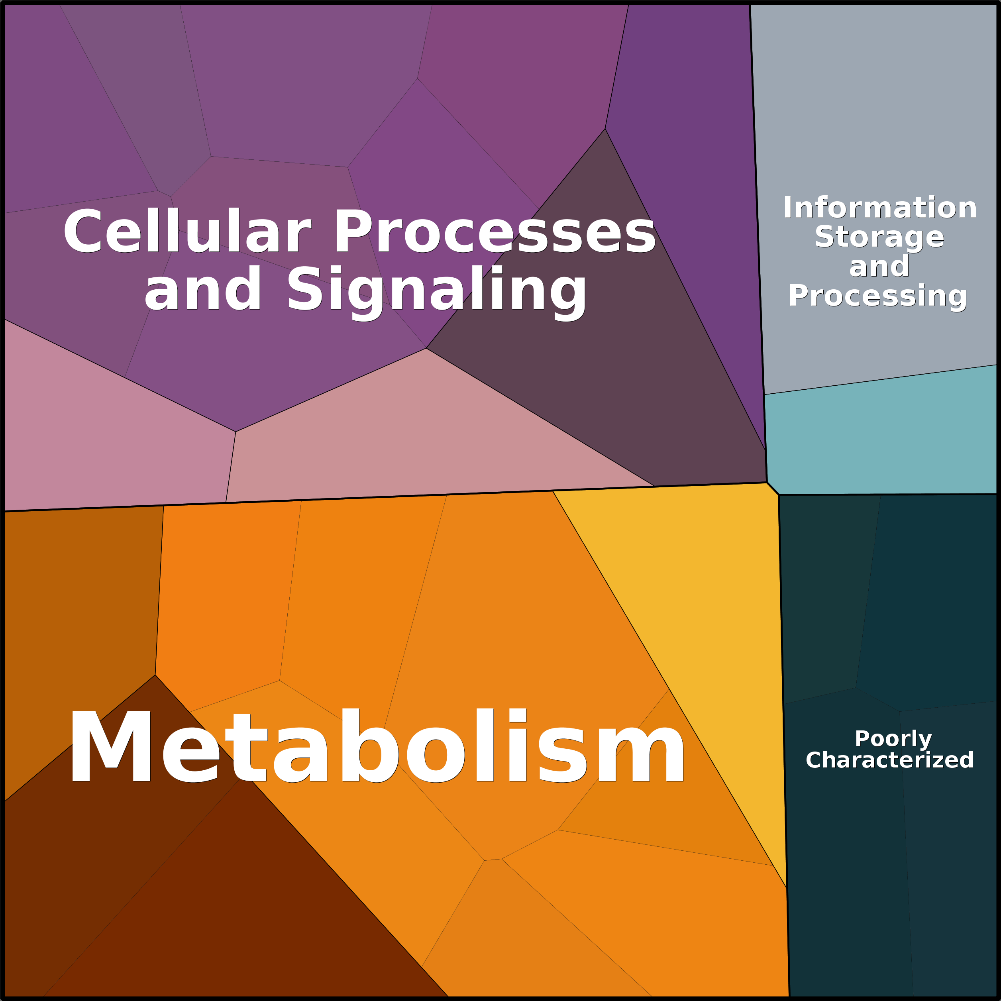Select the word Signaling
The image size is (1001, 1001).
(437, 292)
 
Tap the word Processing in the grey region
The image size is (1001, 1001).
(878, 296)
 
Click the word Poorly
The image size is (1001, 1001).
(893, 739)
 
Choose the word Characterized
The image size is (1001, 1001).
(889, 760)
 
